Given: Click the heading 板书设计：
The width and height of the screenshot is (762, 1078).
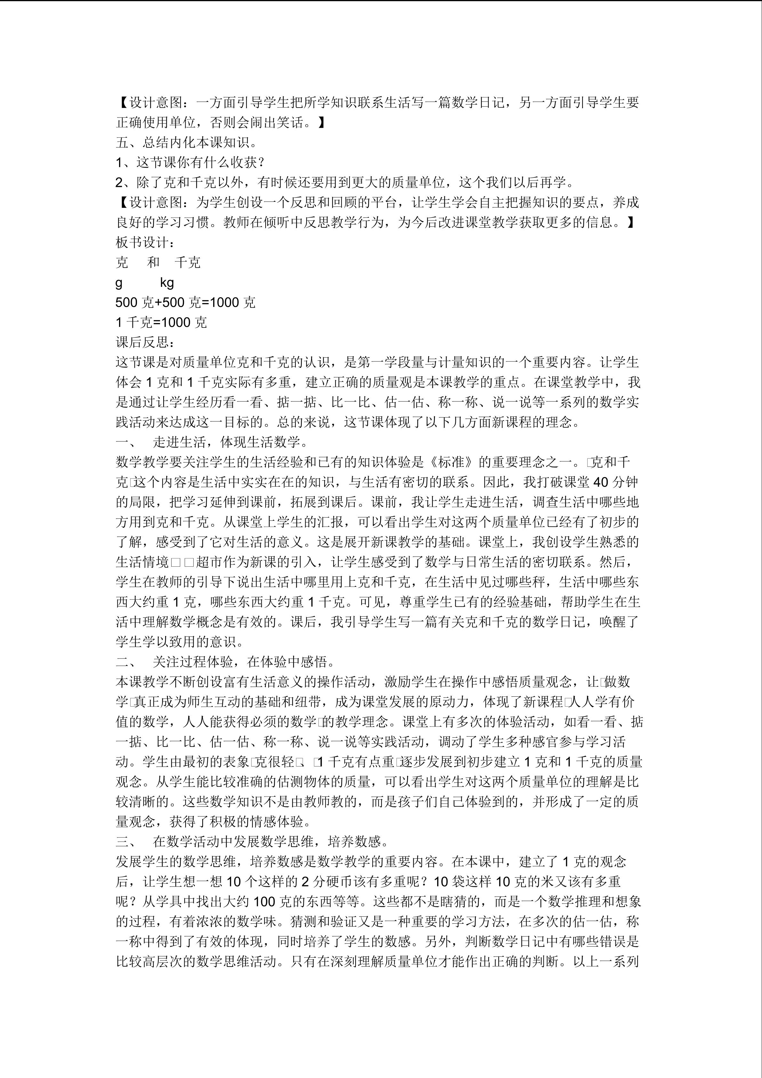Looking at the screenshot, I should click(x=146, y=242).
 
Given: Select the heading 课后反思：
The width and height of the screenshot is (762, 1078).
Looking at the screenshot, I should click(x=146, y=342).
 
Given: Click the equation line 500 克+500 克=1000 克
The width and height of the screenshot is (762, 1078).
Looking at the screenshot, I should click(x=185, y=302).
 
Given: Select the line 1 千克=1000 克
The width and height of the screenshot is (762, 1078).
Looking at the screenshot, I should click(x=161, y=322).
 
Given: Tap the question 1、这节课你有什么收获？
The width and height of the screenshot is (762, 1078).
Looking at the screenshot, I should click(x=190, y=162).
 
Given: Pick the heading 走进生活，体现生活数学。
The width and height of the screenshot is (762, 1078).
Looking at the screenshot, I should click(x=230, y=442).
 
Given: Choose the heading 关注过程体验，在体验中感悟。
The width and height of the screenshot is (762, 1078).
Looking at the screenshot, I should click(x=244, y=662).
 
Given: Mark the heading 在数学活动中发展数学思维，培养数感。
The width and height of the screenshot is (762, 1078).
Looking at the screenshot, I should click(x=270, y=842).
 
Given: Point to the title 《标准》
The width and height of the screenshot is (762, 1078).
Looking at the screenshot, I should click(x=450, y=462).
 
